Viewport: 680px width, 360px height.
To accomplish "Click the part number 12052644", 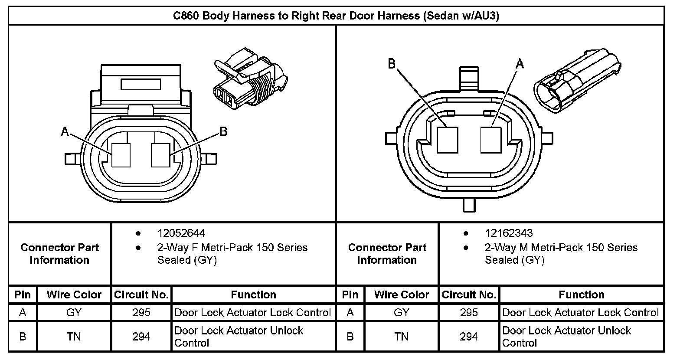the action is [181, 233].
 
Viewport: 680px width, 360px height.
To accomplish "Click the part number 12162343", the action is [508, 233].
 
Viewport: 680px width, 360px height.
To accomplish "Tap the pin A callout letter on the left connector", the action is [64, 132].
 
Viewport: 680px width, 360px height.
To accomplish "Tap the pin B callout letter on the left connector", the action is [223, 132].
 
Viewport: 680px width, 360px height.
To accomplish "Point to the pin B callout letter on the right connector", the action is [392, 64].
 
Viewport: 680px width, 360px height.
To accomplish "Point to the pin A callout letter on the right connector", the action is [520, 64].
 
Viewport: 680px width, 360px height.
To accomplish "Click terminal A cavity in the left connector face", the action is [121, 155].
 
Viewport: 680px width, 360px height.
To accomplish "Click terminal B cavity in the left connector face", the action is [160, 155].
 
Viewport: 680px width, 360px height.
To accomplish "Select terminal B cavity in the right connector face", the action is [447, 140].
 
